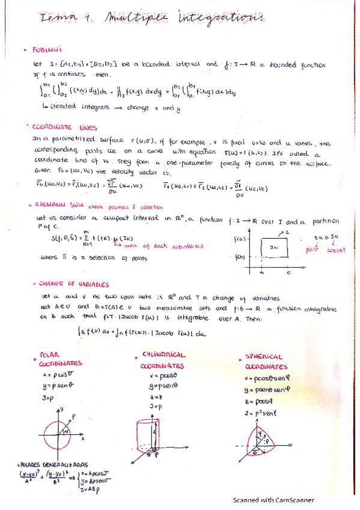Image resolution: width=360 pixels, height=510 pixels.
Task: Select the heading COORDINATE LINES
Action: tap(66, 127)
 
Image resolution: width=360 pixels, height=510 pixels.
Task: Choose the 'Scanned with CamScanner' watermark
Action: tap(273, 500)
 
